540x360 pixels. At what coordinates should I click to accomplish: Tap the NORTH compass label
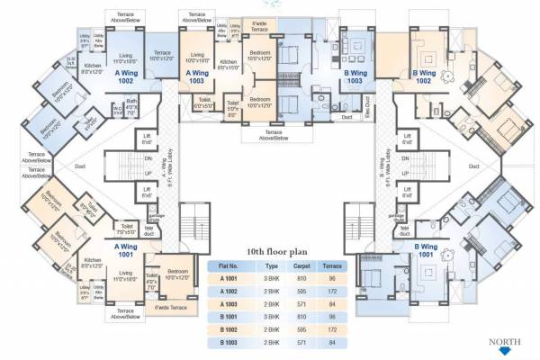pyautogui.click(x=505, y=342)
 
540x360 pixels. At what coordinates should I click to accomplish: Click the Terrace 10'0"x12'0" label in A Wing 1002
pyautogui.click(x=162, y=57)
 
